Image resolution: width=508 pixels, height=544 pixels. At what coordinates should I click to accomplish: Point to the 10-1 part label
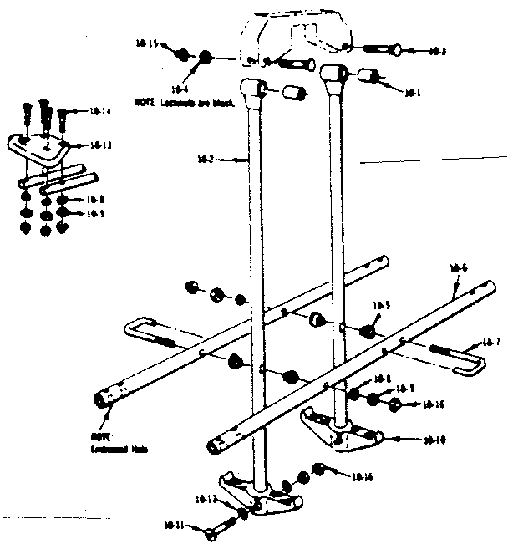click(x=411, y=94)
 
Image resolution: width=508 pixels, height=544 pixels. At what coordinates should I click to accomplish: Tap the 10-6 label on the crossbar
click(x=457, y=268)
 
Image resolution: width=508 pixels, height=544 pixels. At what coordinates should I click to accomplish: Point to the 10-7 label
click(x=491, y=343)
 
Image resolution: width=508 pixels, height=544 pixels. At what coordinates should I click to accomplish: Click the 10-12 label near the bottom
click(x=206, y=499)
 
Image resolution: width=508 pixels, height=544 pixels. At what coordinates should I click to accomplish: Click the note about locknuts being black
click(x=184, y=101)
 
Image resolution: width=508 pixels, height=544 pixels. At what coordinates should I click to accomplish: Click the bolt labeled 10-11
click(x=221, y=528)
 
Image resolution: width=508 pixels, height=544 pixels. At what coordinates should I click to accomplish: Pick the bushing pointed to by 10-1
click(x=366, y=77)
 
